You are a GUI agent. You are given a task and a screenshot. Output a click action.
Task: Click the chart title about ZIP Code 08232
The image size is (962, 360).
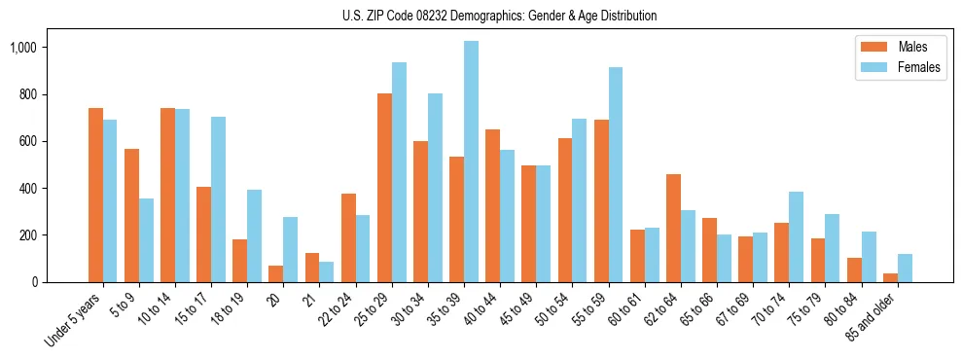[x=499, y=16]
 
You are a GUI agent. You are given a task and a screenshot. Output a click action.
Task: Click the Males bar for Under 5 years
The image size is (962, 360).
[x=95, y=195]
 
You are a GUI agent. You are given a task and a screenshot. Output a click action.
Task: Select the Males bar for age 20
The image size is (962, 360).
[x=276, y=273]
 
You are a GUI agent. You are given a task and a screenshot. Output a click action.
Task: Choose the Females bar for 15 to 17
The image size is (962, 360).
[x=219, y=199]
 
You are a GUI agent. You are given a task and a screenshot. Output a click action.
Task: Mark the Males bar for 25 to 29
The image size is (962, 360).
[x=384, y=188]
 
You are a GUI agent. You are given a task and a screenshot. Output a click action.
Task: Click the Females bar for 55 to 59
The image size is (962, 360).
[x=616, y=175]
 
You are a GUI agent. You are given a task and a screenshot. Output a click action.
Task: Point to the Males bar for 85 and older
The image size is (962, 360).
[x=890, y=277]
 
